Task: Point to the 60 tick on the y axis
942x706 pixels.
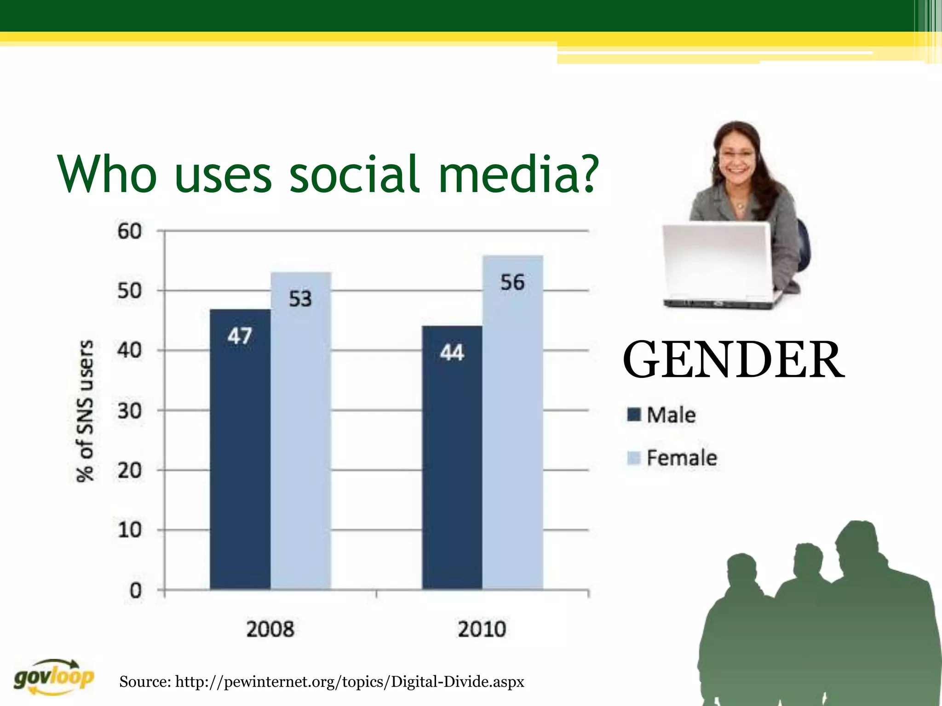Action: pos(129,231)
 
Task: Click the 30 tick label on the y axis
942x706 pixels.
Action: pos(129,410)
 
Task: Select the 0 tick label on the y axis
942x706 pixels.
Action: pos(135,590)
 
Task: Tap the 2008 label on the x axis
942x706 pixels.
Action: pos(270,629)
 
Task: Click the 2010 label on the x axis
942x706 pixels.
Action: pos(482,629)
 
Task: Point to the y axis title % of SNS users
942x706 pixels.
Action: pos(85,410)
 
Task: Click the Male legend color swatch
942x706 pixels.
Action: pos(634,414)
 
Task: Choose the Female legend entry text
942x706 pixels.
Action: pos(682,458)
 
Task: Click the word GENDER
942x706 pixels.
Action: pos(733,359)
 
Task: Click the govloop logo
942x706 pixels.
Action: pos(54,677)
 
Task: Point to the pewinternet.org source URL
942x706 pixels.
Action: pos(350,682)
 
